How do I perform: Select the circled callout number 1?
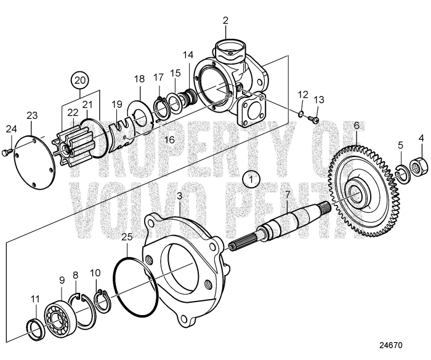(x=251, y=178)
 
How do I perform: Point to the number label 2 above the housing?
(x=225, y=20)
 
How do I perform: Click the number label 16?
(x=169, y=140)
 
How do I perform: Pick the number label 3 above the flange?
(x=179, y=196)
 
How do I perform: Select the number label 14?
(x=188, y=55)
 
